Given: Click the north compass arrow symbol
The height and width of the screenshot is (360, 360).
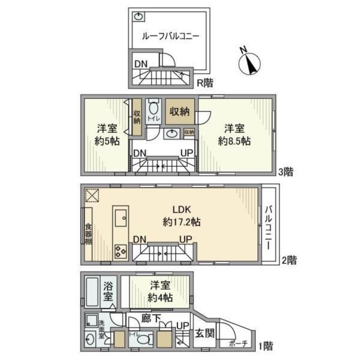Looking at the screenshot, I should [x=248, y=62].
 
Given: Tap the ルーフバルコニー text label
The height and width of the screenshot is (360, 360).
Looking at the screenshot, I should [x=170, y=36].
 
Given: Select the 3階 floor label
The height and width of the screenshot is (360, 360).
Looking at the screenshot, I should [x=286, y=172].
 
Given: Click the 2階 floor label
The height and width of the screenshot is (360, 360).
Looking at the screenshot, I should [x=289, y=260].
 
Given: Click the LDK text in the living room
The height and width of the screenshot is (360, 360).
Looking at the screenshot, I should [x=182, y=209].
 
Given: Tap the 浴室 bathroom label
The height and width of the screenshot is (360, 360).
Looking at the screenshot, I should [x=108, y=291].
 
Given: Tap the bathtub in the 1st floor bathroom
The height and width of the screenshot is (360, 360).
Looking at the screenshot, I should [x=92, y=292].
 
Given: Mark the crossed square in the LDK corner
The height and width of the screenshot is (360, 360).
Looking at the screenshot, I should [x=92, y=196].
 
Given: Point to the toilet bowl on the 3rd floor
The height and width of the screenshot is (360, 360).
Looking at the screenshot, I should [x=154, y=109].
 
